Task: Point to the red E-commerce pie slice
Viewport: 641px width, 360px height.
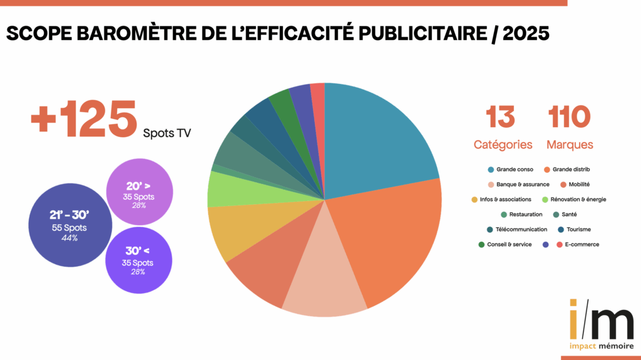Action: click(x=318, y=94)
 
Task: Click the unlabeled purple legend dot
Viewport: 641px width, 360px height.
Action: click(x=546, y=244)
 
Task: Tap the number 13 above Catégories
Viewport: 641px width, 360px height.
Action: click(x=501, y=117)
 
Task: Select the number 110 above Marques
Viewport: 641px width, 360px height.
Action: click(x=570, y=117)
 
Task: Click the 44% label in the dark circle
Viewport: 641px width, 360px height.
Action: click(x=69, y=238)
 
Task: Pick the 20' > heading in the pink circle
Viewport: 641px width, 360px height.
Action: click(x=138, y=187)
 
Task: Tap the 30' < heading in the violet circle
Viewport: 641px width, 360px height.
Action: click(x=138, y=252)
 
